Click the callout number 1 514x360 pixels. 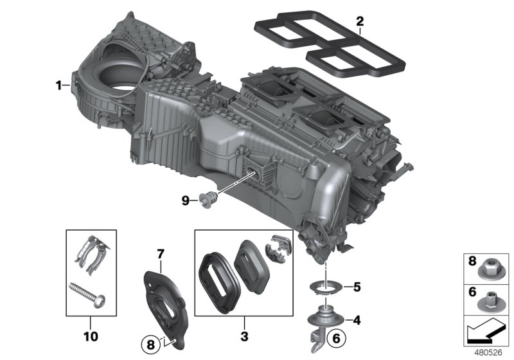point(59,85)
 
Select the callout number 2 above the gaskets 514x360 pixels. point(360,21)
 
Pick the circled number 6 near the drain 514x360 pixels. point(335,336)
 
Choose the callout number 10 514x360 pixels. point(91,336)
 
